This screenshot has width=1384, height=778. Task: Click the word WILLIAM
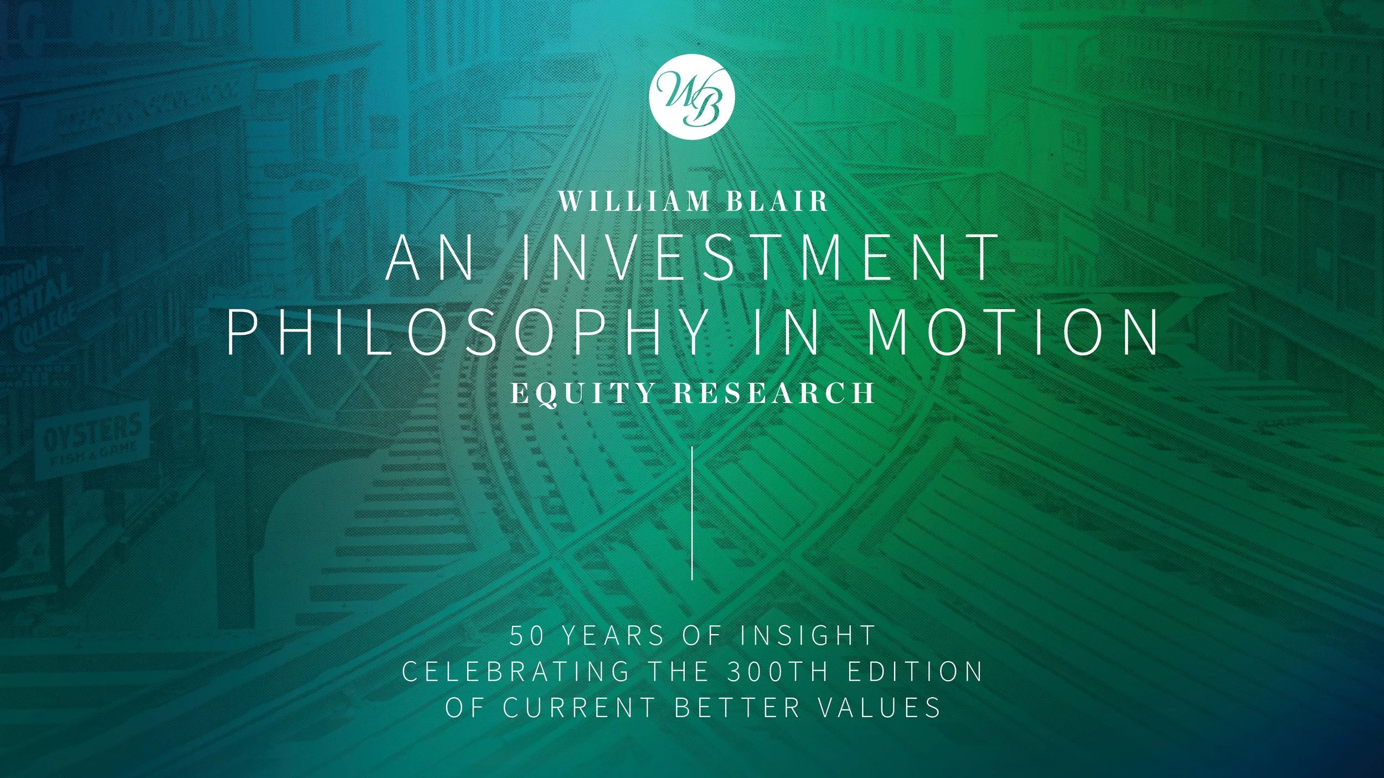click(633, 202)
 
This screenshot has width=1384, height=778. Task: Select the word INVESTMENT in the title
click(757, 257)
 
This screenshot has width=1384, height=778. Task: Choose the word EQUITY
click(583, 393)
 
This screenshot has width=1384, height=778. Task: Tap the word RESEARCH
click(773, 393)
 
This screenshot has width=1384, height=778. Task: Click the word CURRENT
click(579, 708)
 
